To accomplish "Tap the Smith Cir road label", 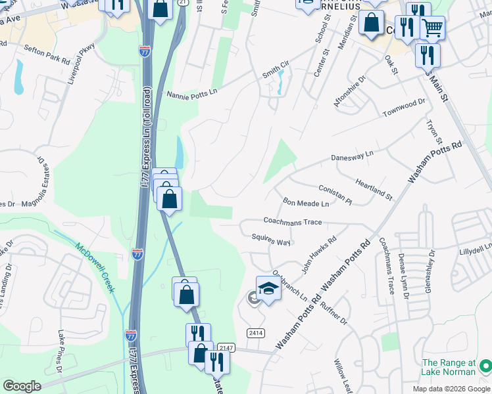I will coord(276,66).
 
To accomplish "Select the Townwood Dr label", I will coord(405,109).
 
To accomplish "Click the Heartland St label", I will coord(373,188).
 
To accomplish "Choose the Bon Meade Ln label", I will coord(305,202).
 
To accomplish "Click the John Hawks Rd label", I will coord(319,255).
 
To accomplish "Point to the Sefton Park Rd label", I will coord(47,54).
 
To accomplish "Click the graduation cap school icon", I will coord(268,289).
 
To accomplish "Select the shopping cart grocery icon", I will coord(432,28).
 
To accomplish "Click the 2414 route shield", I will coord(256,333).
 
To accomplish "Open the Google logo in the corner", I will coord(22,386).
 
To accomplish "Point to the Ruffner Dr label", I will coord(334,313).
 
